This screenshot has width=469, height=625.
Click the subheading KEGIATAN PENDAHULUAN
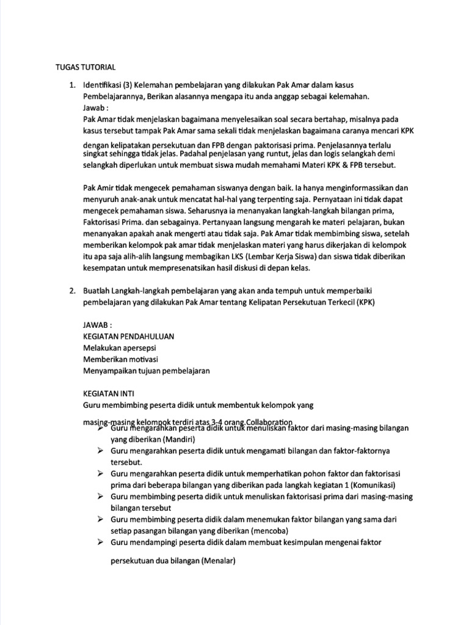coord(129,336)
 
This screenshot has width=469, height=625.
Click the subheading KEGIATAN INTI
coord(108,394)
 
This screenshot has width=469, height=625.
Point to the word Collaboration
coord(269,422)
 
